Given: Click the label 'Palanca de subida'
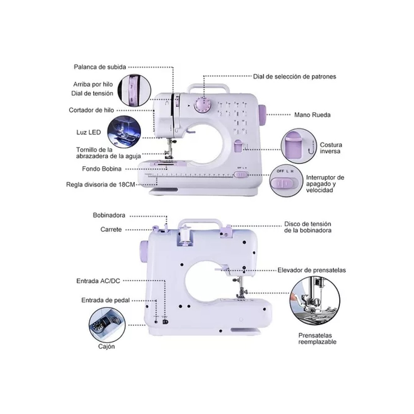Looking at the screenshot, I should [x=100, y=67].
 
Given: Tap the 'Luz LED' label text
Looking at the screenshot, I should [x=89, y=132].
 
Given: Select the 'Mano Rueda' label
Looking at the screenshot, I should [x=312, y=115].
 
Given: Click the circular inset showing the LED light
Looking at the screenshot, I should [x=124, y=132].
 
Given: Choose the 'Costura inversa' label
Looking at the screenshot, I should [x=331, y=148].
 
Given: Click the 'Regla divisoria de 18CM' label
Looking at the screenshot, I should [x=100, y=184].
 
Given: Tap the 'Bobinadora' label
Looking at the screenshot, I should [x=109, y=215].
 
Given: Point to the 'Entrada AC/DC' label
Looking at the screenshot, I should [x=98, y=281].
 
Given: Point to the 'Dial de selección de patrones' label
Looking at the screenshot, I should [x=294, y=76].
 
